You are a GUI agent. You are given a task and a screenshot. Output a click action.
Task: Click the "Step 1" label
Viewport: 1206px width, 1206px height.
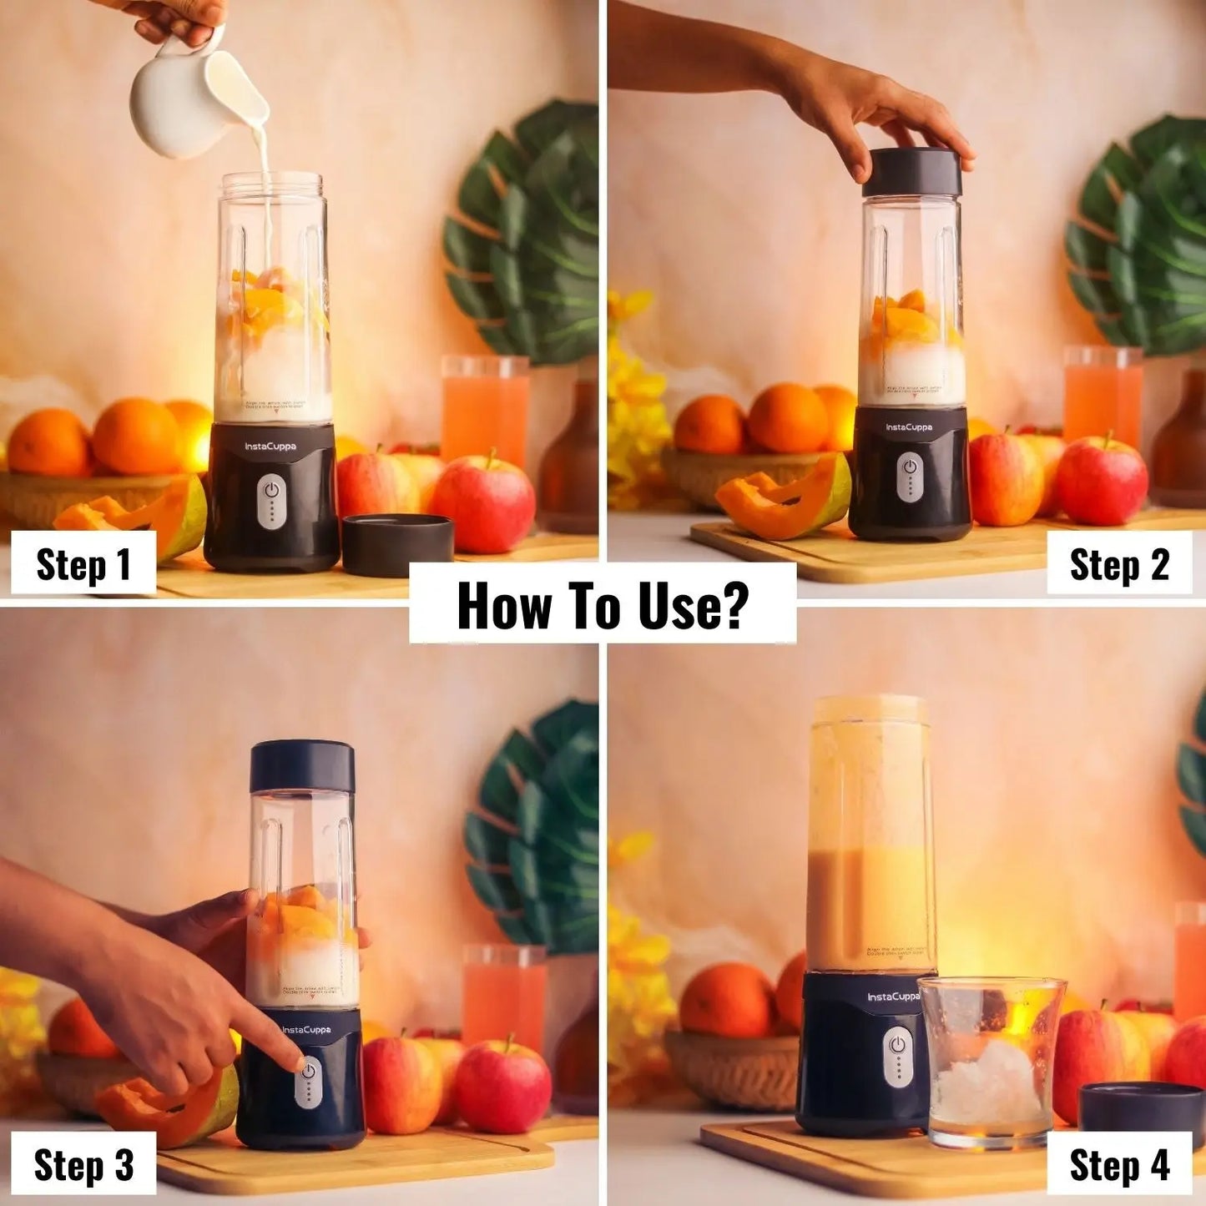83,564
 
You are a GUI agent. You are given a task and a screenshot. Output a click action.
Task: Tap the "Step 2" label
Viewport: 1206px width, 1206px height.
1119,565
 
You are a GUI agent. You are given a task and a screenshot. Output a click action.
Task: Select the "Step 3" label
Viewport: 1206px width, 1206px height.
83,1164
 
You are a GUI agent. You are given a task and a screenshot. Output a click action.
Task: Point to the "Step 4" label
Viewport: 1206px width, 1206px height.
1119,1165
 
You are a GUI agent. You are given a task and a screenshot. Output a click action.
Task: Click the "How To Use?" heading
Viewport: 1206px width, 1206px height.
602,605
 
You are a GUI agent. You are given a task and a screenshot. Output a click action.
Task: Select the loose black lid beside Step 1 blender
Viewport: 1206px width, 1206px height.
398,543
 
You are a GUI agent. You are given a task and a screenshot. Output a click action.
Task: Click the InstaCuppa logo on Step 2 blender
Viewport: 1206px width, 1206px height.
909,427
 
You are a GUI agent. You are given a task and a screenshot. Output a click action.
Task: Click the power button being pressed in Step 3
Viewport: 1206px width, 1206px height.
309,1071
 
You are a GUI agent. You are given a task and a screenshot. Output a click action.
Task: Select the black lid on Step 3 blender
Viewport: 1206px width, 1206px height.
302,765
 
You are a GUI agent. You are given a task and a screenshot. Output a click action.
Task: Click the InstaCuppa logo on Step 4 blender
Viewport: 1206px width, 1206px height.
893,997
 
